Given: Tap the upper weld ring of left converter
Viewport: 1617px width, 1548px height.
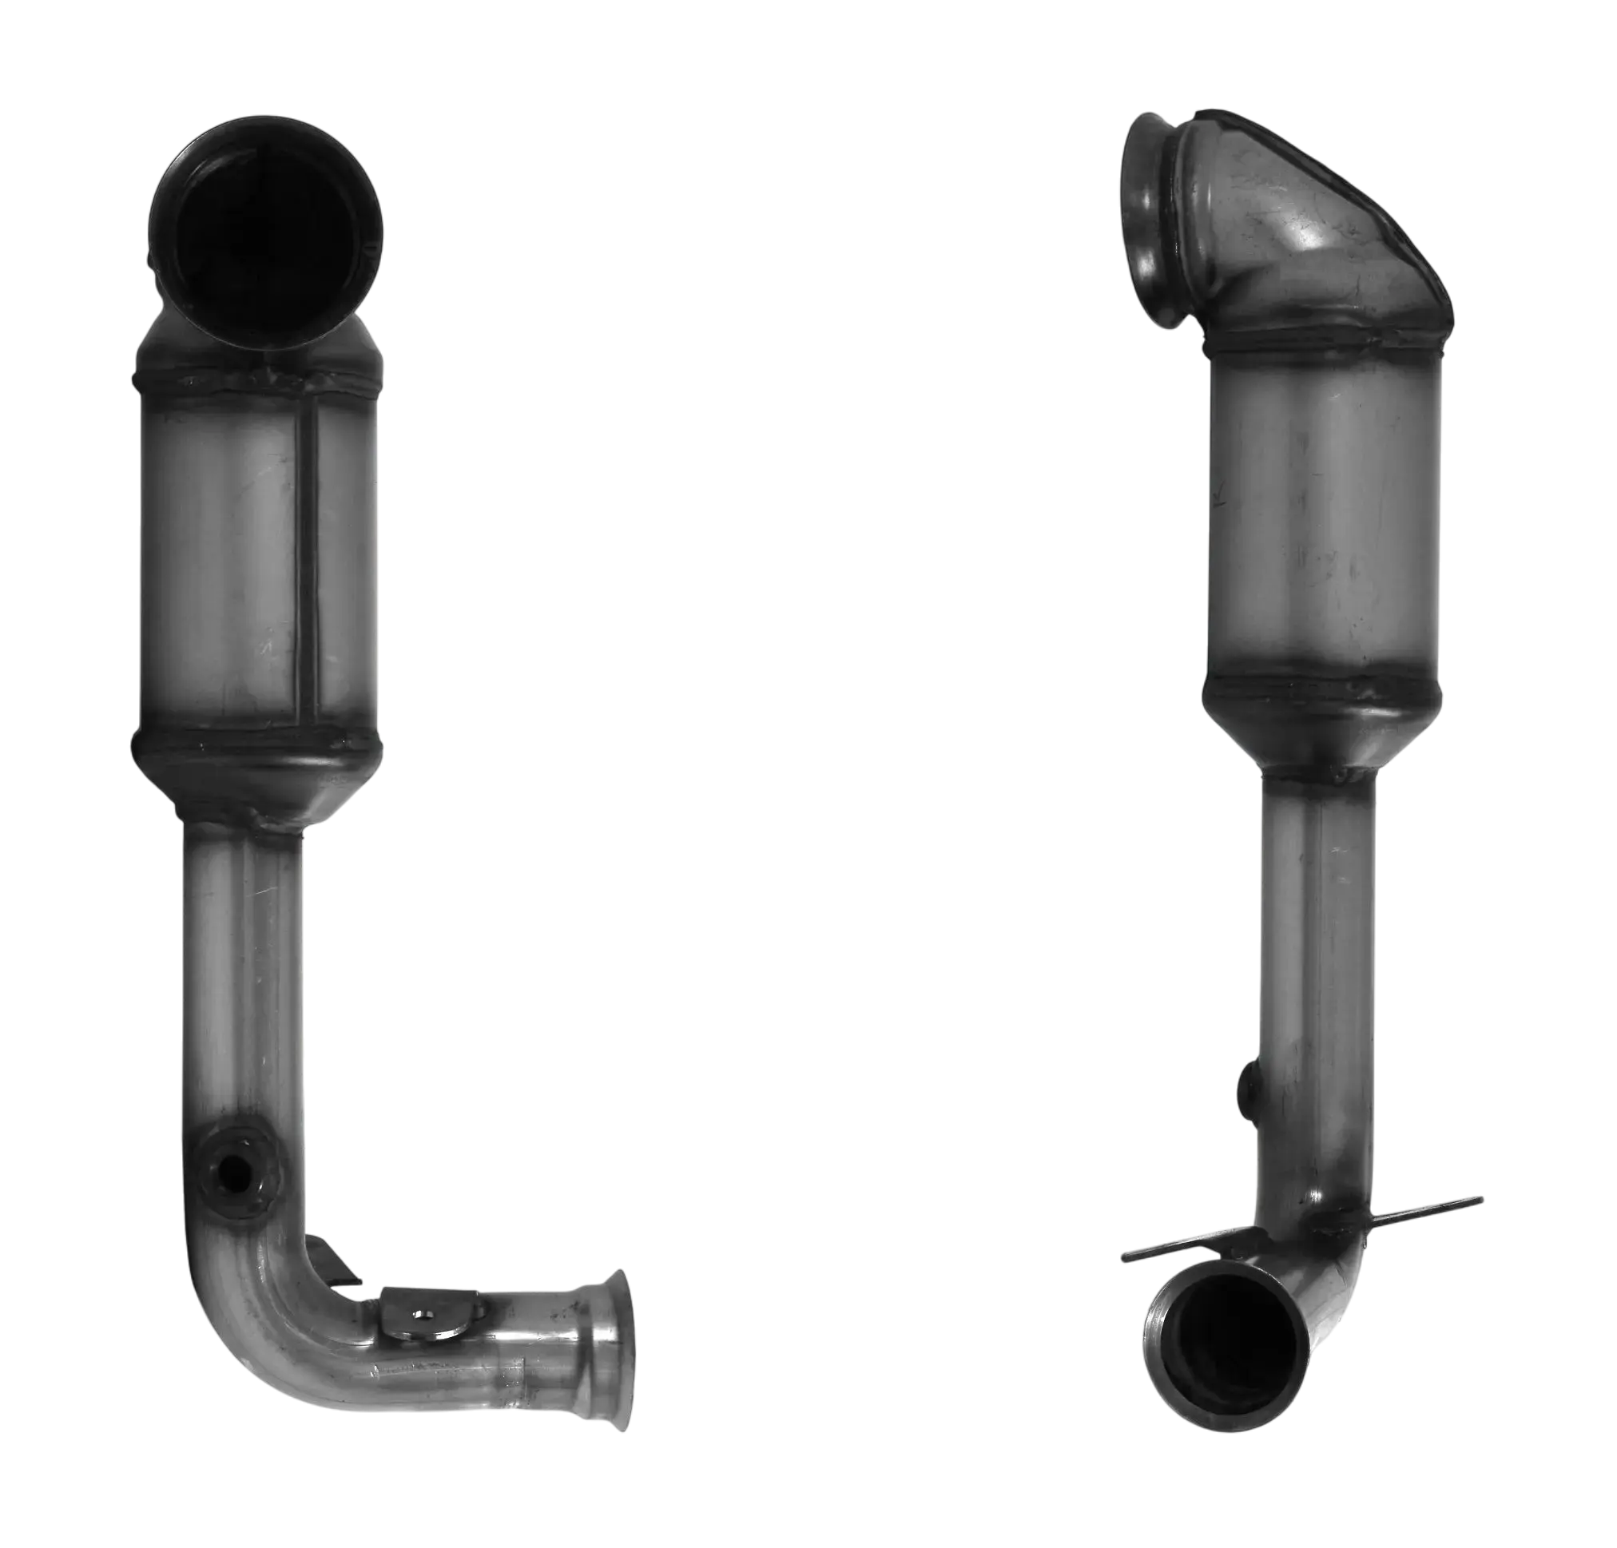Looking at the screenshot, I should pos(256,381).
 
